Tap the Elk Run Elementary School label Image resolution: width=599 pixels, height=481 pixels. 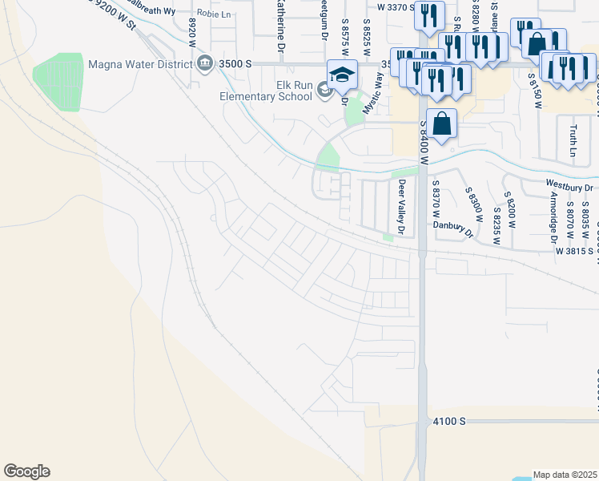pyautogui.click(x=267, y=91)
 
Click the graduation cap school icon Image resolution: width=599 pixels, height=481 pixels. pyautogui.click(x=342, y=75)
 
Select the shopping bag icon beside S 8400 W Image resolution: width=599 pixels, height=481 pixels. pyautogui.click(x=441, y=124)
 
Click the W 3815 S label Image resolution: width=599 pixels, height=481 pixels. pyautogui.click(x=575, y=250)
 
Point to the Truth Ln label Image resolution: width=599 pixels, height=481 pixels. pyautogui.click(x=573, y=139)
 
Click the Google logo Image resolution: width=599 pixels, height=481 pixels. pyautogui.click(x=26, y=471)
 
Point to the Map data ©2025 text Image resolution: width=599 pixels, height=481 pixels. pyautogui.click(x=565, y=475)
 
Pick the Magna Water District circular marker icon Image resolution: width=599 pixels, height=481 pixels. pyautogui.click(x=205, y=63)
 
